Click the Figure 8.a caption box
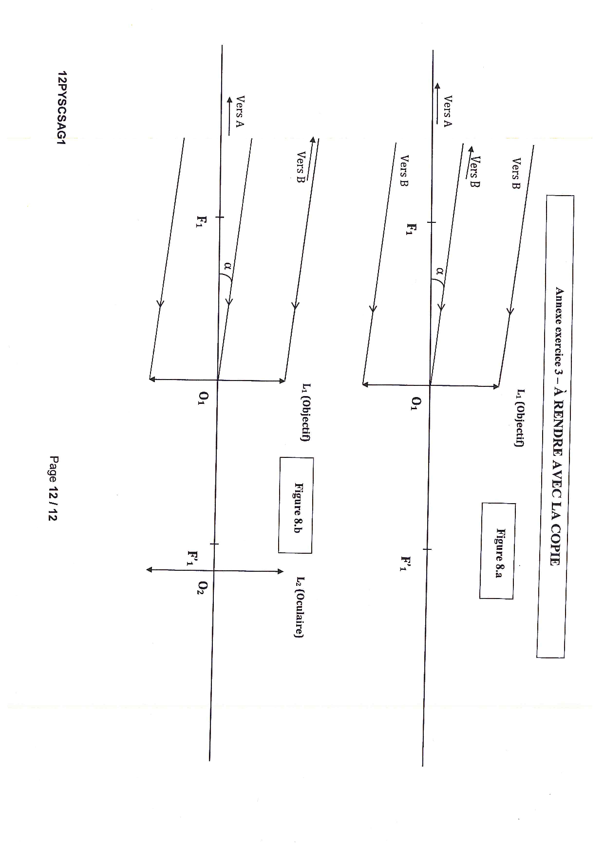pos(497,551)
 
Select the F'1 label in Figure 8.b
pos(193,558)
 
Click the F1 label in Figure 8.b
pos(200,224)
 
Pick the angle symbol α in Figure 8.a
pos(440,271)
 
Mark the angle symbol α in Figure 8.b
pos(227,266)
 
